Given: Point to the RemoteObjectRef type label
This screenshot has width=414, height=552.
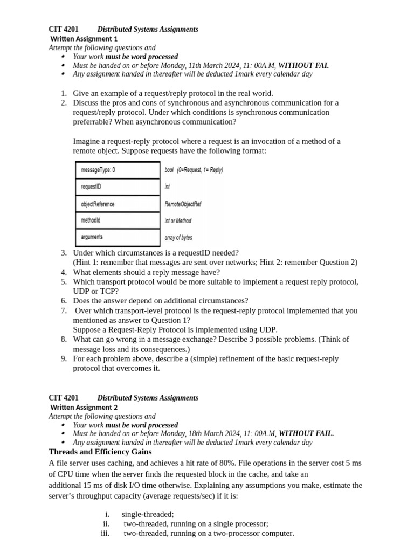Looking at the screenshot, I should [183, 204].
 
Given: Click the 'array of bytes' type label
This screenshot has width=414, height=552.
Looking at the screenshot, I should [178, 238].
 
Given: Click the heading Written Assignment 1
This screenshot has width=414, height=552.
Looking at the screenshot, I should [84, 39].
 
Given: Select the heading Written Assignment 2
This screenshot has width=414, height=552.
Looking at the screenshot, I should [84, 408].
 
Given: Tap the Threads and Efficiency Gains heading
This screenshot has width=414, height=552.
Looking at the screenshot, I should [100, 452].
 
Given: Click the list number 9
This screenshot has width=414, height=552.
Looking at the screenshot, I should [64, 358].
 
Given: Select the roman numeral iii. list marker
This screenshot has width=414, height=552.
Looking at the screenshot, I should [105, 534].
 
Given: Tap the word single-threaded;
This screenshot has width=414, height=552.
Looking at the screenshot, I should [148, 514].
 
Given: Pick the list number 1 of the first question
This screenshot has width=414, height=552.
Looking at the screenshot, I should [64, 93].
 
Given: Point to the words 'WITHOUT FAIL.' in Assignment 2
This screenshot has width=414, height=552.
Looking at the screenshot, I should [306, 433].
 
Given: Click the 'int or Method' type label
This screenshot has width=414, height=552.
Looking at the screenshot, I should [178, 221].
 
